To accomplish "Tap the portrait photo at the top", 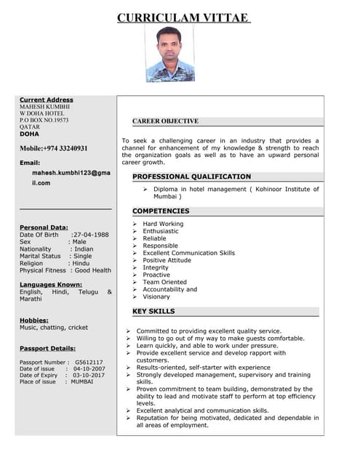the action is pos(170,54).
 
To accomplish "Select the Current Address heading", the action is pos(47,100).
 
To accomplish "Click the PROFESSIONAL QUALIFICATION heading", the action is pos(191,177).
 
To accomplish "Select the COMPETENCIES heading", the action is pos(161,211).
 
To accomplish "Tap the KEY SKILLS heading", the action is pos(153,311).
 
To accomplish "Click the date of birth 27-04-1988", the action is pos(91,235).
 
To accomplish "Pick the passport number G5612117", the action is pos(89,362).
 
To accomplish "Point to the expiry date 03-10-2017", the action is pos(89,375).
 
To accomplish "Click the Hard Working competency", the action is pos(163,224).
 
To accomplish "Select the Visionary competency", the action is pos(156,296).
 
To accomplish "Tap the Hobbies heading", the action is pos(34,320).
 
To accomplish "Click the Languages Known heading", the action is pos(51,284).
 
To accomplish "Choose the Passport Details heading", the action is pos(47,348).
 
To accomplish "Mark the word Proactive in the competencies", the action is pos(157,275).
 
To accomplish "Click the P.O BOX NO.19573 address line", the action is pos(44,119).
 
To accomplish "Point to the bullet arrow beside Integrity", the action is pos(135,267).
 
